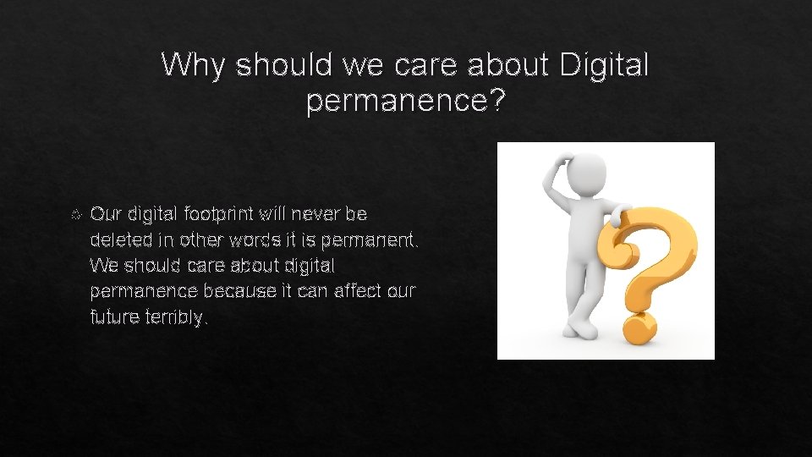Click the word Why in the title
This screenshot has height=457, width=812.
(x=193, y=64)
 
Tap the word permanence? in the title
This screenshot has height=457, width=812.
(x=406, y=102)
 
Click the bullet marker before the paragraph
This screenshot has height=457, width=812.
(x=78, y=213)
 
